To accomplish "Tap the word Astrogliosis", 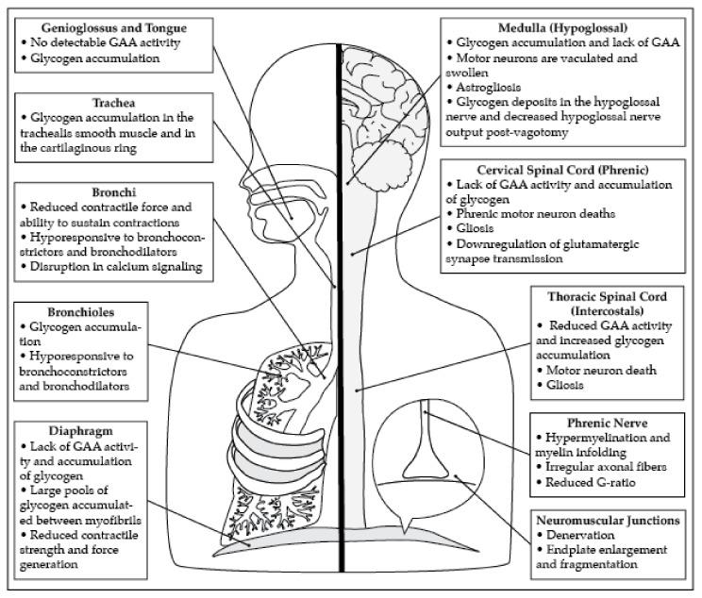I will tap(493, 87).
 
